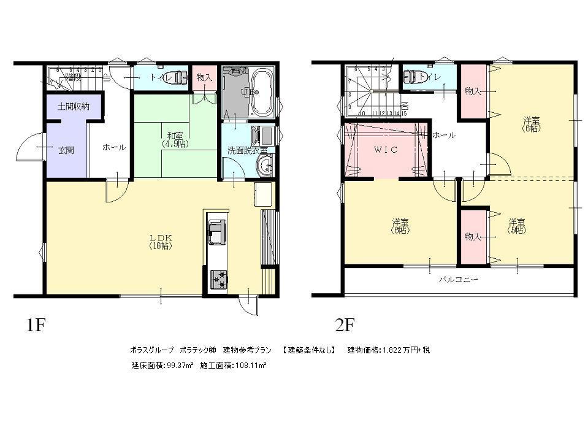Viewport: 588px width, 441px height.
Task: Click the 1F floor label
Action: [x=36, y=323]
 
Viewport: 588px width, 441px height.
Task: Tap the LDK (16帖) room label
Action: [x=159, y=241]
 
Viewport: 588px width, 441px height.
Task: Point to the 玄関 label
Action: [x=66, y=149]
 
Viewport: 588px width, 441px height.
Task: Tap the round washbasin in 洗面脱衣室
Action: [x=265, y=164]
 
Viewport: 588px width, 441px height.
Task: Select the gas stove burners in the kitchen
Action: [x=218, y=278]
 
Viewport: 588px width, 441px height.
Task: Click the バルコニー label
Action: [x=458, y=279]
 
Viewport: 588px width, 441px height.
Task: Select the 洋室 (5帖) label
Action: [x=516, y=226]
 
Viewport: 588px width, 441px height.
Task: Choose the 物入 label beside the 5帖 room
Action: [x=472, y=237]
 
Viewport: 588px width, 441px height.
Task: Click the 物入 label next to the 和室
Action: [x=205, y=77]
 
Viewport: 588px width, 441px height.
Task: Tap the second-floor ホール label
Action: [x=443, y=135]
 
